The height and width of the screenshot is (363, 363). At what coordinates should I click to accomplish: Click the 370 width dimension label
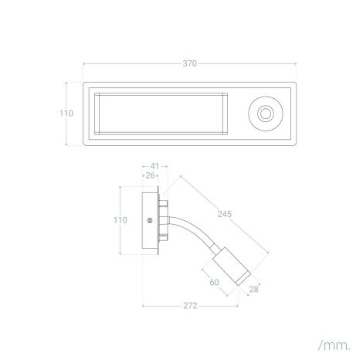pos(189,63)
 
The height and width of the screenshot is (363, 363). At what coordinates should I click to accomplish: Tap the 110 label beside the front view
pos(66,114)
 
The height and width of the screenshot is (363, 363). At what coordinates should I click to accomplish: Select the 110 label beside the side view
pos(120,220)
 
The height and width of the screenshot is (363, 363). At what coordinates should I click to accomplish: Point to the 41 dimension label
pos(154,166)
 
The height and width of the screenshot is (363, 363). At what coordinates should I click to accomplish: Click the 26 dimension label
pos(150,175)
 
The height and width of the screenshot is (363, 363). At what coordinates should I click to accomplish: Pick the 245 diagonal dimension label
pos(225,214)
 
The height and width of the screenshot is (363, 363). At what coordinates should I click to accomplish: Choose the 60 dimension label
pos(214,283)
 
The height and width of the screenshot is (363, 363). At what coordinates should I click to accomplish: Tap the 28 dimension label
pos(253,290)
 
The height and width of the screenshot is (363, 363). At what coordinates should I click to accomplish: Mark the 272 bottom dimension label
pos(190,306)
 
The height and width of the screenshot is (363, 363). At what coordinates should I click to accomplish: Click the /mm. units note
pos(334,345)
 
